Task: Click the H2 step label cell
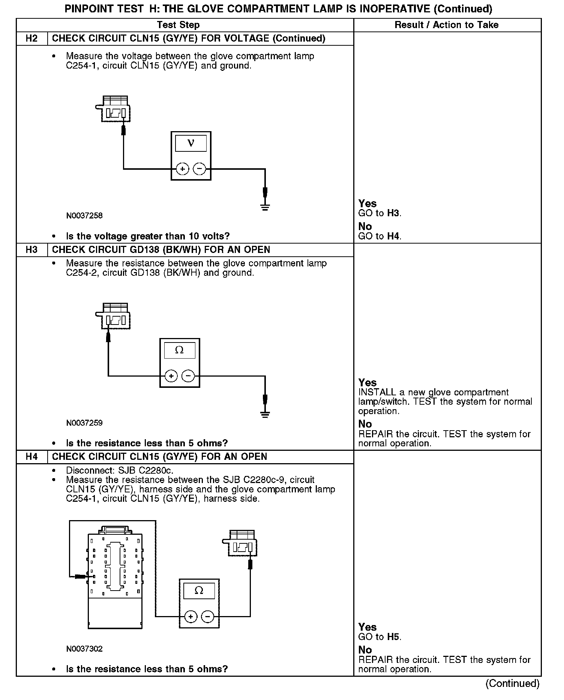[32, 39]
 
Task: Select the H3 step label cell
[32, 250]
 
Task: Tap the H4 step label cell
[32, 457]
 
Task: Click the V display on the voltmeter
[191, 144]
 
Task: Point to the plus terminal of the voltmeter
[183, 169]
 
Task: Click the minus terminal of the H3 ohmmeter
[188, 376]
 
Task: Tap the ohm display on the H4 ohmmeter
[199, 591]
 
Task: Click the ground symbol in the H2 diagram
[265, 206]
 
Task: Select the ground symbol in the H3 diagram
[265, 414]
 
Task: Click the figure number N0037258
[84, 216]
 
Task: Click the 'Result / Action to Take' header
[447, 25]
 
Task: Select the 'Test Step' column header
[178, 25]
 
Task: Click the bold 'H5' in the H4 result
[394, 637]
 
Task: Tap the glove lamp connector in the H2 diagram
[114, 109]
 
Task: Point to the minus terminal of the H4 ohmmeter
[208, 617]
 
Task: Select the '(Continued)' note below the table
[512, 684]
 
